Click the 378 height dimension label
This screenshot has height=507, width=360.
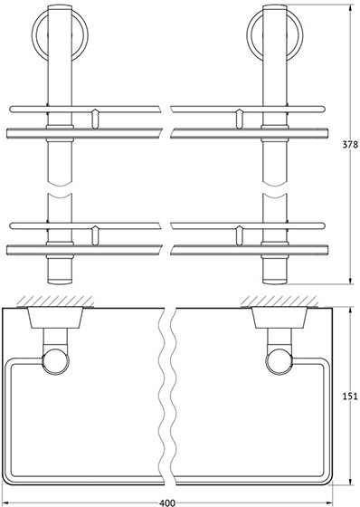[x=350, y=144]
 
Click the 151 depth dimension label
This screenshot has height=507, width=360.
[x=350, y=396]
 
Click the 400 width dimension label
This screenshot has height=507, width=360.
[x=167, y=502]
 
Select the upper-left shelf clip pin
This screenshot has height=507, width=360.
[x=94, y=119]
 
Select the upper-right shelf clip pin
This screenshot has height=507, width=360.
[x=239, y=119]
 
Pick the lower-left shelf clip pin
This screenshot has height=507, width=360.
[x=94, y=235]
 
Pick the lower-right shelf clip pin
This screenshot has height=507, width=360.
[x=239, y=235]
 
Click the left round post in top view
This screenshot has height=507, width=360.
[x=55, y=361]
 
